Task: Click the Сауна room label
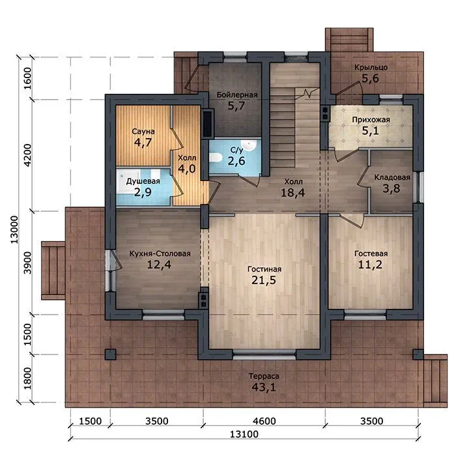click(x=143, y=132)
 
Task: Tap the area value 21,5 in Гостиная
click(x=264, y=280)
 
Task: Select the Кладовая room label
click(x=392, y=177)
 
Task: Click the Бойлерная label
click(x=237, y=95)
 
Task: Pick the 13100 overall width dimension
click(x=244, y=435)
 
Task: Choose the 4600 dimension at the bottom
click(x=264, y=421)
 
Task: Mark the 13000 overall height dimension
click(x=14, y=230)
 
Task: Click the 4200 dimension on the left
click(x=27, y=155)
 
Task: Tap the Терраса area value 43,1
click(x=264, y=387)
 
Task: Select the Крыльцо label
click(x=371, y=68)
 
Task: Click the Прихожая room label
click(x=371, y=120)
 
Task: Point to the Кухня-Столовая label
click(x=160, y=253)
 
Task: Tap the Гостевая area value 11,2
click(x=370, y=264)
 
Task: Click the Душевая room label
click(x=143, y=181)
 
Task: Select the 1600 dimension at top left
click(x=27, y=79)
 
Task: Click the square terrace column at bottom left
click(x=110, y=354)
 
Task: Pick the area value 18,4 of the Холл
click(x=293, y=193)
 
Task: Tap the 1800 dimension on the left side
click(x=27, y=378)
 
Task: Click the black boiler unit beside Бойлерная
click(x=208, y=122)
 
